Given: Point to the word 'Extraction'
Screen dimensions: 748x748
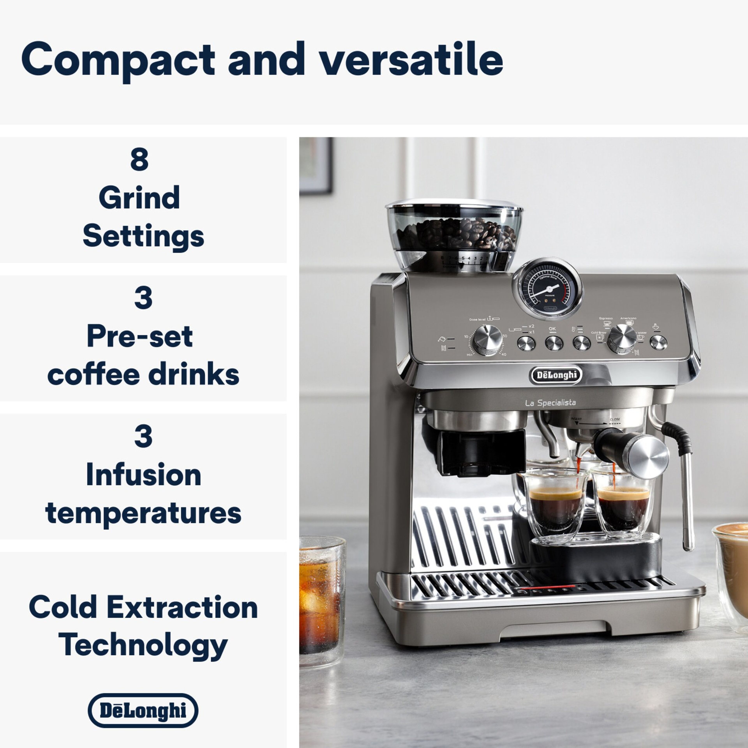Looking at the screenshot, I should (182, 608).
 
